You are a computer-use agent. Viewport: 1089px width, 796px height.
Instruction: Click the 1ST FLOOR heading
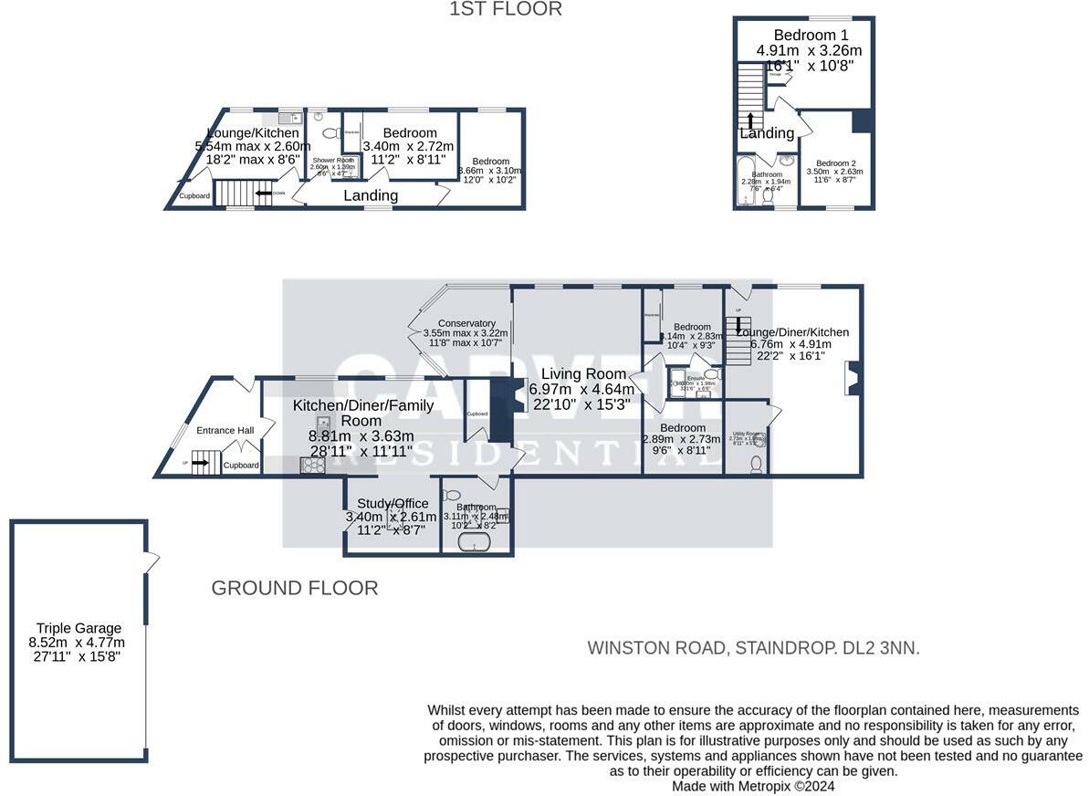tap(506, 9)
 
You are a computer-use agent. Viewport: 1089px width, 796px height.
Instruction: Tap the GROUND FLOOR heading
tap(294, 588)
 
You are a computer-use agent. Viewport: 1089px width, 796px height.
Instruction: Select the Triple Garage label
tap(79, 628)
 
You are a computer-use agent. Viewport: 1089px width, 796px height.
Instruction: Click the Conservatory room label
tap(466, 323)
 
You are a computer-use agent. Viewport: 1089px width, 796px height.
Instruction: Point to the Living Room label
tap(583, 373)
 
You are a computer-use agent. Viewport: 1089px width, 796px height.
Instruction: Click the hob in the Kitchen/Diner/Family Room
tap(312, 466)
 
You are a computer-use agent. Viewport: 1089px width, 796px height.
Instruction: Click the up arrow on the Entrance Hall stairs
tap(200, 464)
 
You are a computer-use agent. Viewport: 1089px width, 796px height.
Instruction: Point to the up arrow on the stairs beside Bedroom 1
tap(750, 120)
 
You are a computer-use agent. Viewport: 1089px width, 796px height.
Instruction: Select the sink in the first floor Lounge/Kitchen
tap(286, 119)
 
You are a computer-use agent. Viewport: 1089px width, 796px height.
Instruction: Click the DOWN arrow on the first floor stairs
tap(265, 194)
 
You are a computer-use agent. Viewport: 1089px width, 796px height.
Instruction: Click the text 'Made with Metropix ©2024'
tap(753, 786)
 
